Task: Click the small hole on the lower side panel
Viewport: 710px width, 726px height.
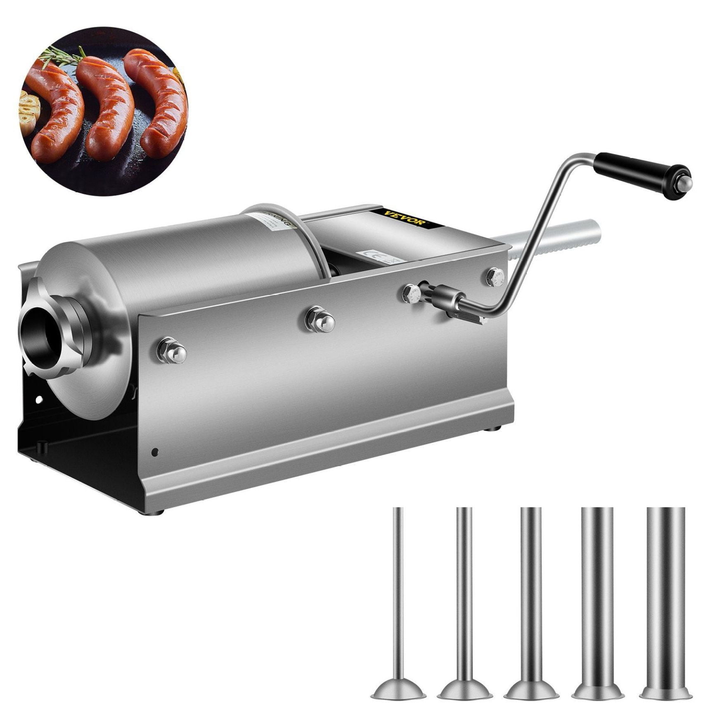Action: click(154, 451)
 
